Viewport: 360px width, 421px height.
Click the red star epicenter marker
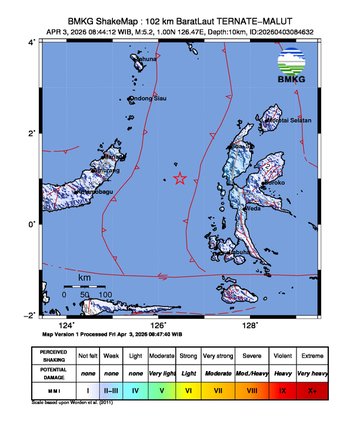point(180,179)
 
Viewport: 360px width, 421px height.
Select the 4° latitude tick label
point(32,43)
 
